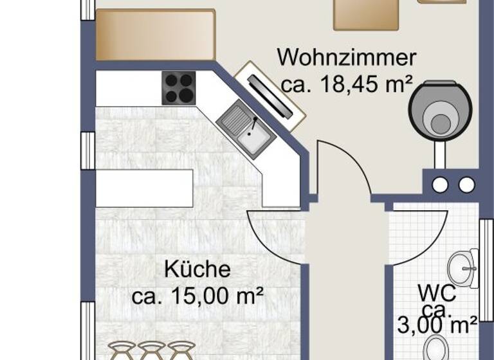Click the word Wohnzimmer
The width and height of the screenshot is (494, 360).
pos(346,58)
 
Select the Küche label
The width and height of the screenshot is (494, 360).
pos(197,269)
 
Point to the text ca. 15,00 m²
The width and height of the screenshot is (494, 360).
pos(197,296)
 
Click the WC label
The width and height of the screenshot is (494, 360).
pos(437,294)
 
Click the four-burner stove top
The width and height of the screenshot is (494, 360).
pos(179,87)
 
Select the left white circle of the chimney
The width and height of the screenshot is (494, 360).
pos(440,185)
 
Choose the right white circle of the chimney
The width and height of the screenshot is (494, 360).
pos(466,185)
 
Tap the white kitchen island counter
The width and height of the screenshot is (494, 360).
pos(144,188)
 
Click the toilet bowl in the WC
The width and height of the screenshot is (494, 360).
pos(437,347)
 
